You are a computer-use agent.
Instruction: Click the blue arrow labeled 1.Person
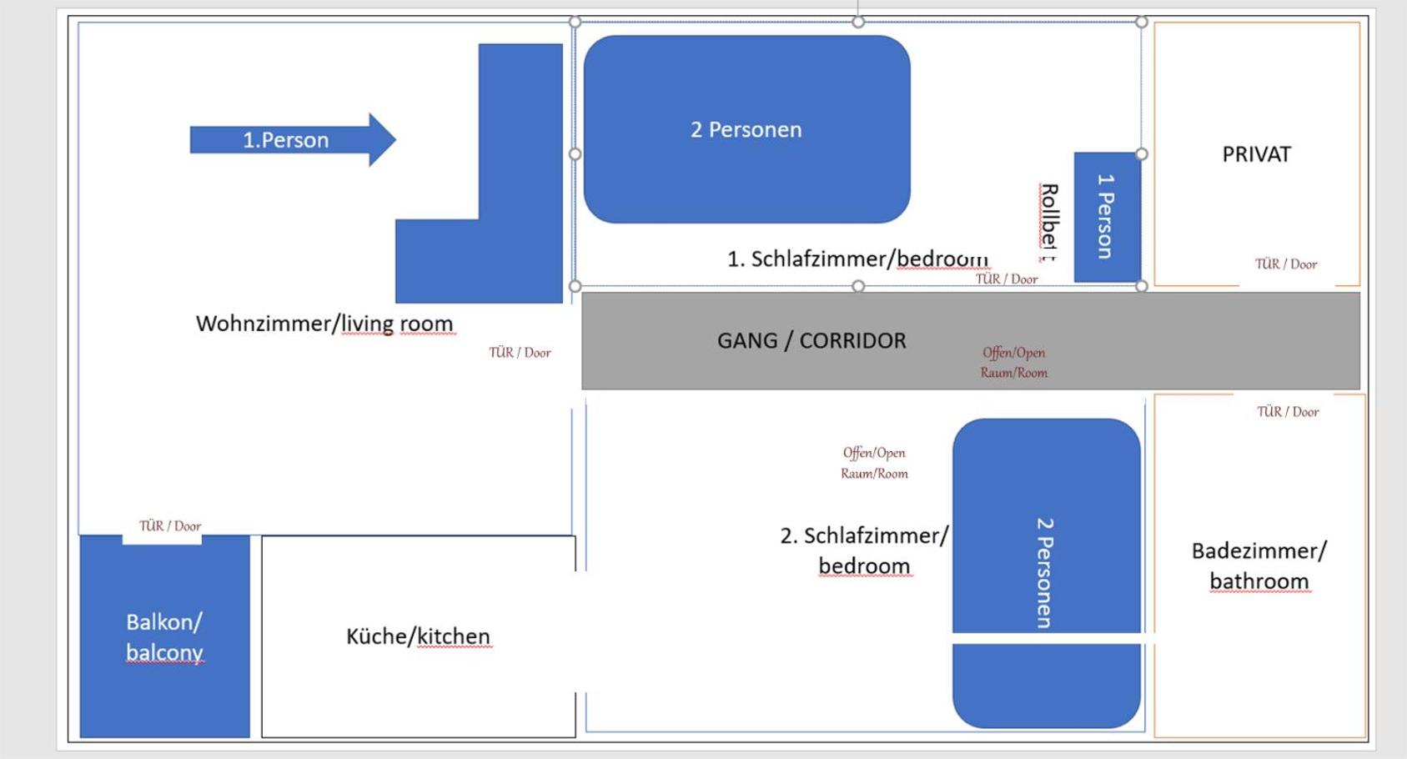(x=294, y=139)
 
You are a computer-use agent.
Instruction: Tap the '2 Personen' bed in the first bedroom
(x=746, y=129)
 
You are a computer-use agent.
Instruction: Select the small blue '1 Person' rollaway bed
(x=1108, y=217)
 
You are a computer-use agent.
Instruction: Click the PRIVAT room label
(x=1256, y=154)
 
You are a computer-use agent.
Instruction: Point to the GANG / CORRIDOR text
(x=812, y=340)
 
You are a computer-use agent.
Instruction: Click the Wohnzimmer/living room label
(x=324, y=324)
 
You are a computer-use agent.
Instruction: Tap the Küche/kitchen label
(x=419, y=636)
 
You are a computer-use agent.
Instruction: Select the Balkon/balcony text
(x=164, y=637)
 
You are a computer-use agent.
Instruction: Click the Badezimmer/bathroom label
(x=1259, y=565)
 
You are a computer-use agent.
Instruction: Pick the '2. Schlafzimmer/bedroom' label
(x=864, y=550)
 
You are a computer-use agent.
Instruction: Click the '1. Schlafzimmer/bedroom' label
(x=857, y=259)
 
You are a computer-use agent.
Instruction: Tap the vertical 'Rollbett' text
(x=1048, y=223)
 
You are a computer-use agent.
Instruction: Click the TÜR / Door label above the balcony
(x=170, y=526)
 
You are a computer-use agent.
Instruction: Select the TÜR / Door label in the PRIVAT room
(x=1286, y=264)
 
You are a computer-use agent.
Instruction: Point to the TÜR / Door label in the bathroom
(x=1288, y=411)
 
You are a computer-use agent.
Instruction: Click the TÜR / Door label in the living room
(x=520, y=353)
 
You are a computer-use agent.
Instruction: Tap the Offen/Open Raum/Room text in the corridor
(x=1014, y=363)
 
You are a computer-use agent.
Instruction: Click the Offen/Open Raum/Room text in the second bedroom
(x=874, y=463)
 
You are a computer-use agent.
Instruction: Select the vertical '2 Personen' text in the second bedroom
(x=1044, y=573)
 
